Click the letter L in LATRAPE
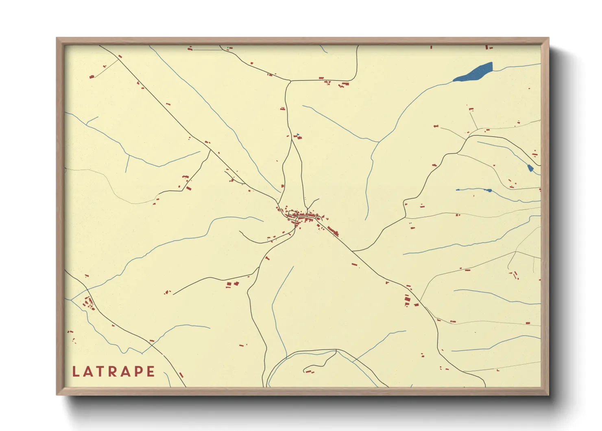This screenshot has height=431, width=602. (x=76, y=372)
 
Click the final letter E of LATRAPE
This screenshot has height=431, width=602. (x=151, y=372)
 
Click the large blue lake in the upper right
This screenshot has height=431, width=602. (x=474, y=73)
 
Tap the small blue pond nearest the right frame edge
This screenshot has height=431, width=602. (x=530, y=168)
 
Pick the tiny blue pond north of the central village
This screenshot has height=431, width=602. (x=298, y=135)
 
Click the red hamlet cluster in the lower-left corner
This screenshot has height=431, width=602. (x=88, y=303)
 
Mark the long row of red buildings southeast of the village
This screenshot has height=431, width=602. (x=333, y=231)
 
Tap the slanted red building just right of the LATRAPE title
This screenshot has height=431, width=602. (x=181, y=374)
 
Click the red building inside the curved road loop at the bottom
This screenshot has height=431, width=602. (x=310, y=371)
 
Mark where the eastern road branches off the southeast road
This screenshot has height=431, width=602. (x=353, y=251)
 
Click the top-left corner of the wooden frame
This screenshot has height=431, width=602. (x=57, y=38)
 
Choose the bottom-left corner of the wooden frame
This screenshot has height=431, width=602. (x=57, y=394)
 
